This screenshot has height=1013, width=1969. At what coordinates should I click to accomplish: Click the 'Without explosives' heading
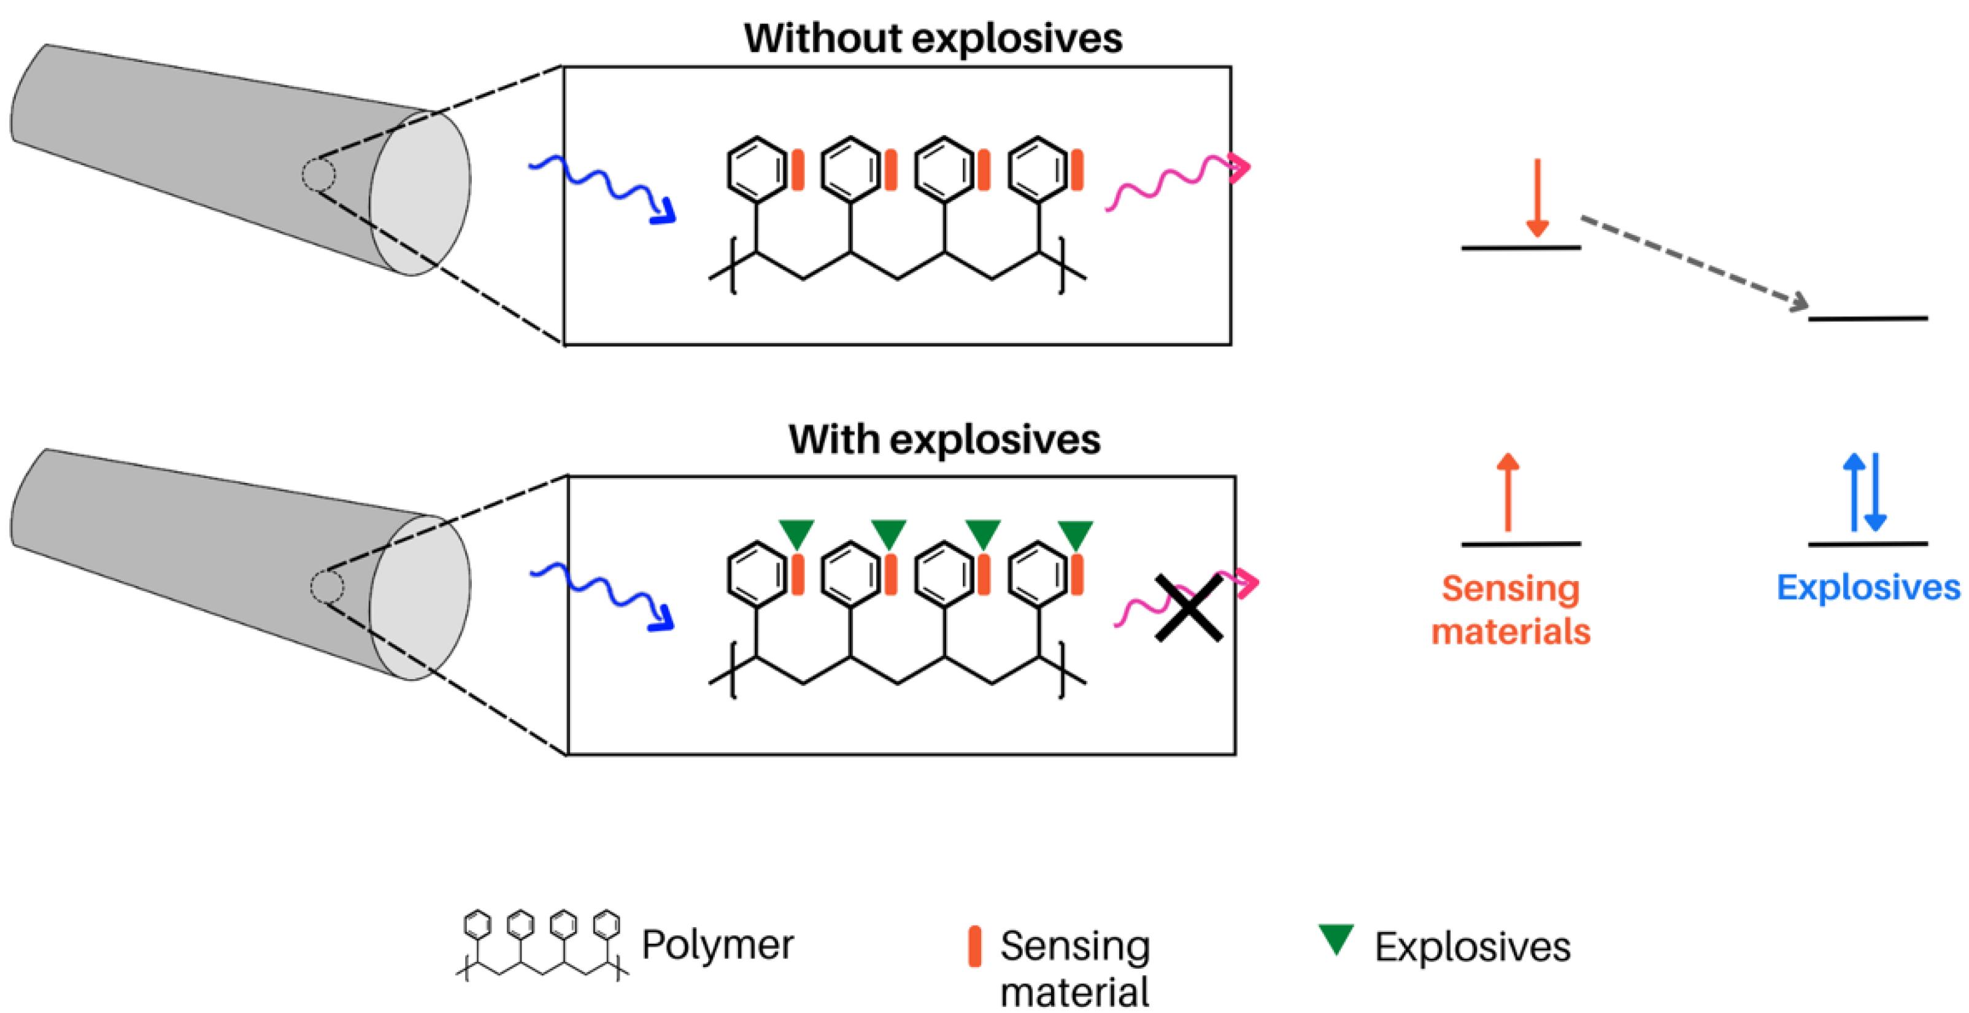pyautogui.click(x=933, y=38)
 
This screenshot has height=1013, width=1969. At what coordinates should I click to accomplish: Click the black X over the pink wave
pyautogui.click(x=1189, y=608)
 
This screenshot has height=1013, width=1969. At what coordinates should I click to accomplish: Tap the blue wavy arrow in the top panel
pyautogui.click(x=604, y=187)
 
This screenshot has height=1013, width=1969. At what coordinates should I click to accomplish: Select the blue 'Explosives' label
pyautogui.click(x=1867, y=587)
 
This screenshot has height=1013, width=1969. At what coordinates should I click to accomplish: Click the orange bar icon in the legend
pyautogui.click(x=974, y=947)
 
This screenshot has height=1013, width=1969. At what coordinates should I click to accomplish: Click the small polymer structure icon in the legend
pyautogui.click(x=542, y=944)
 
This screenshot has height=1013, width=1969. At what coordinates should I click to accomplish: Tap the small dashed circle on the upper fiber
pyautogui.click(x=318, y=174)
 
